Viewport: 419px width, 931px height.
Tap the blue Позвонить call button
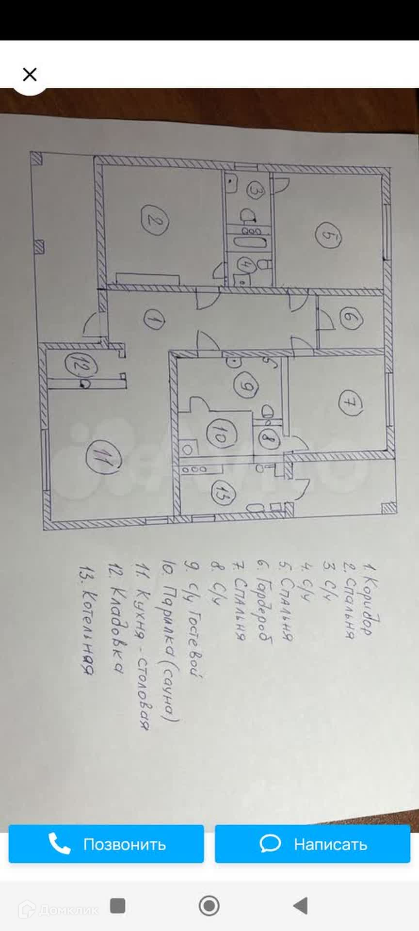(x=106, y=844)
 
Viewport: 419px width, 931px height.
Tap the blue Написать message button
(x=312, y=844)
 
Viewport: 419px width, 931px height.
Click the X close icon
(x=30, y=75)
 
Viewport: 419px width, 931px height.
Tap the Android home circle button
(x=209, y=905)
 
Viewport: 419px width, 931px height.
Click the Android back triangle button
(x=300, y=905)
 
